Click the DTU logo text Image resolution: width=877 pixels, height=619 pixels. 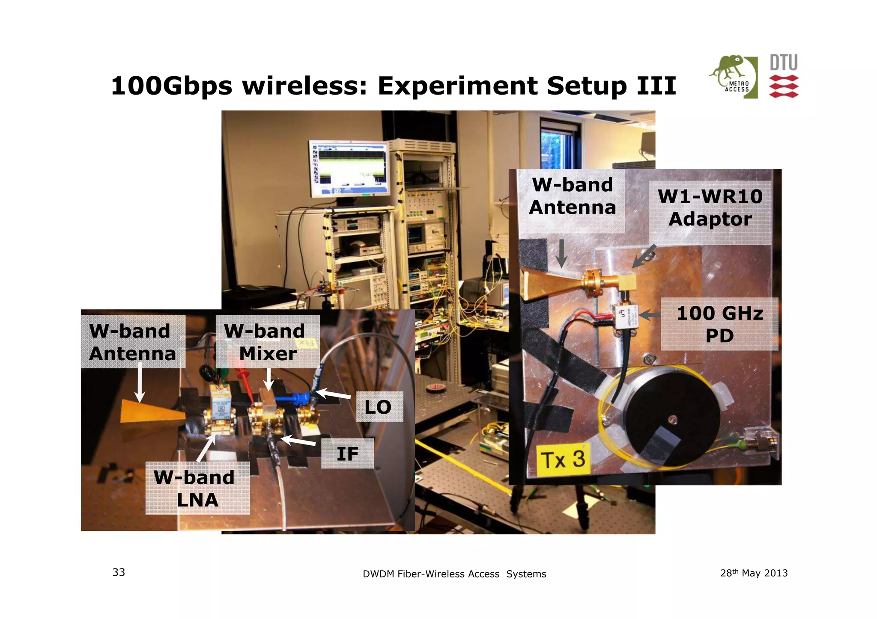[x=783, y=63]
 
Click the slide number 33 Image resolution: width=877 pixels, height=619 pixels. [x=119, y=572]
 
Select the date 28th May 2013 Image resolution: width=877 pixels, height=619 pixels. [x=754, y=573]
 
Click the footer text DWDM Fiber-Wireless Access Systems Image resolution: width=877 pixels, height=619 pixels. [x=454, y=574]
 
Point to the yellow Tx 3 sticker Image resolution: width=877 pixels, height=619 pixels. [x=563, y=459]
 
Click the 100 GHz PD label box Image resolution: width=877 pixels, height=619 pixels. [x=719, y=324]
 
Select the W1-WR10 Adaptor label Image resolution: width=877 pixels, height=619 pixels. [x=710, y=208]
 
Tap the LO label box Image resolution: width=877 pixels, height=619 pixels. [x=379, y=407]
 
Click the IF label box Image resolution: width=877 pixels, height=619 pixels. [x=347, y=453]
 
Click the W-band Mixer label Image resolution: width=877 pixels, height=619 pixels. [x=267, y=342]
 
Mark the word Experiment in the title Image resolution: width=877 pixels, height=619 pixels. [x=457, y=86]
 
